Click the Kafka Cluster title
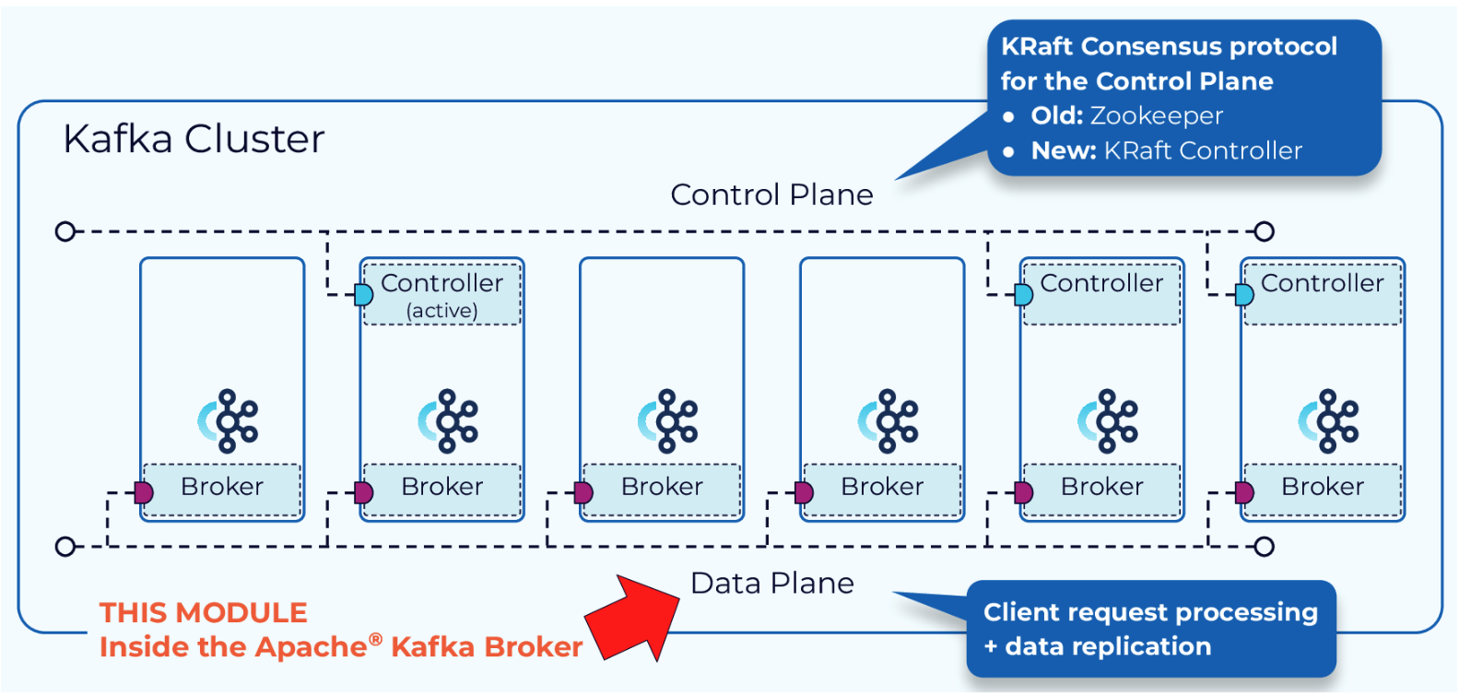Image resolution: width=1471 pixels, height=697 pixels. (x=194, y=139)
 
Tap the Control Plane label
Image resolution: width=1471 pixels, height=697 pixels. (x=771, y=195)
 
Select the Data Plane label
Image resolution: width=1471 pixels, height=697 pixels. (x=771, y=584)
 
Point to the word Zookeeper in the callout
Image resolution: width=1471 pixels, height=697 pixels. (x=1156, y=116)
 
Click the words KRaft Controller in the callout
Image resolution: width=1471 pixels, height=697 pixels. (x=1203, y=150)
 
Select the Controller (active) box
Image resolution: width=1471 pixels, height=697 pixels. (x=442, y=294)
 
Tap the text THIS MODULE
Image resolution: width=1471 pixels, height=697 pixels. (x=204, y=613)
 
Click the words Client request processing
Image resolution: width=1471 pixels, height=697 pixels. (x=1150, y=612)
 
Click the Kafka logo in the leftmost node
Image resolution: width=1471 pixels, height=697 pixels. (x=229, y=421)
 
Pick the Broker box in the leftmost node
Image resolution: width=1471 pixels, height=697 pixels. (x=222, y=489)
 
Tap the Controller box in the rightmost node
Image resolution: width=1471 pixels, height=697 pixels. (x=1323, y=293)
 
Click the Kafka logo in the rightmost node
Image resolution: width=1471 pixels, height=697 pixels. (x=1329, y=421)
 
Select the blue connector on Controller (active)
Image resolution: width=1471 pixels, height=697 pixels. (x=363, y=295)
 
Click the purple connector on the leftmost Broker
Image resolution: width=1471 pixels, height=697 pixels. (x=143, y=492)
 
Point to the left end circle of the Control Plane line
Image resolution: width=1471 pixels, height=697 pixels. (x=65, y=231)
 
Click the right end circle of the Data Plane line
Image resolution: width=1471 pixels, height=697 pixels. (x=1265, y=547)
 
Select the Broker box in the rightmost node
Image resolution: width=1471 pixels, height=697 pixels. (x=1323, y=489)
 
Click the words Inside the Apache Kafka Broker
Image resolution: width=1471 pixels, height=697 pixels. (x=341, y=647)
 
